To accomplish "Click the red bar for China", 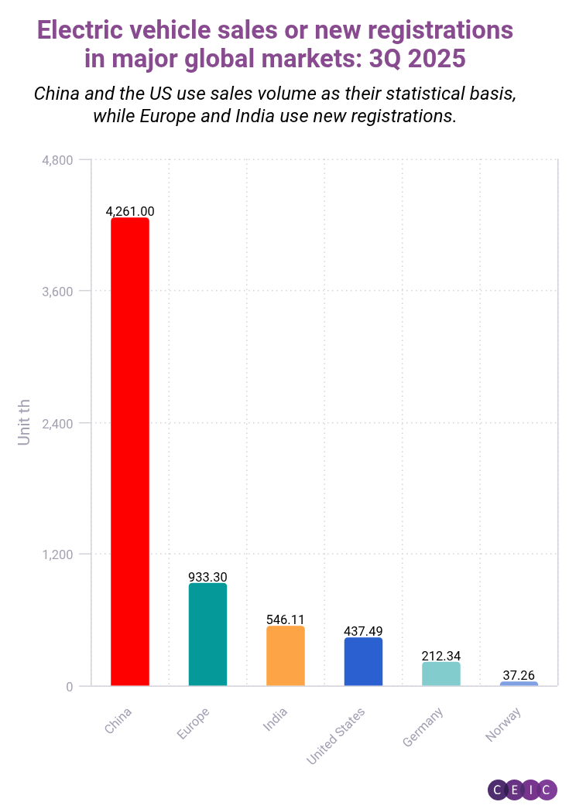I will pos(130,452).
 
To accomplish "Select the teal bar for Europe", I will pos(207,634).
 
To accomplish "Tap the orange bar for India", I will pos(286,656).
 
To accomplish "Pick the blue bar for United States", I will pos(363,661).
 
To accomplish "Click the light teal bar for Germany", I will pos(441,674).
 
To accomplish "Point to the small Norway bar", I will pos(519,684).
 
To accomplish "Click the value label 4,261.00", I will pos(130,211).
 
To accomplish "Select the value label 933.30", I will pos(207,577).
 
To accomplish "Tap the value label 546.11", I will pos(286,619).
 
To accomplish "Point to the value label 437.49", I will pos(363,631).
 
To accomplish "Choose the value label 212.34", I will pos(441,656).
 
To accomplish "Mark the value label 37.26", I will pos(519,675).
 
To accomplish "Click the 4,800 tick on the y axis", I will pos(57,160).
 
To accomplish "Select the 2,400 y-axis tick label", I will pos(57,423).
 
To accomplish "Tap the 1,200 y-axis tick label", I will pos(57,554).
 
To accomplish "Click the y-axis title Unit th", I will pos(25,422).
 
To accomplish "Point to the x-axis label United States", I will pos(336,735).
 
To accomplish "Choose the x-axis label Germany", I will pos(423,727).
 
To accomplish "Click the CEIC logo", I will pos(523,790).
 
